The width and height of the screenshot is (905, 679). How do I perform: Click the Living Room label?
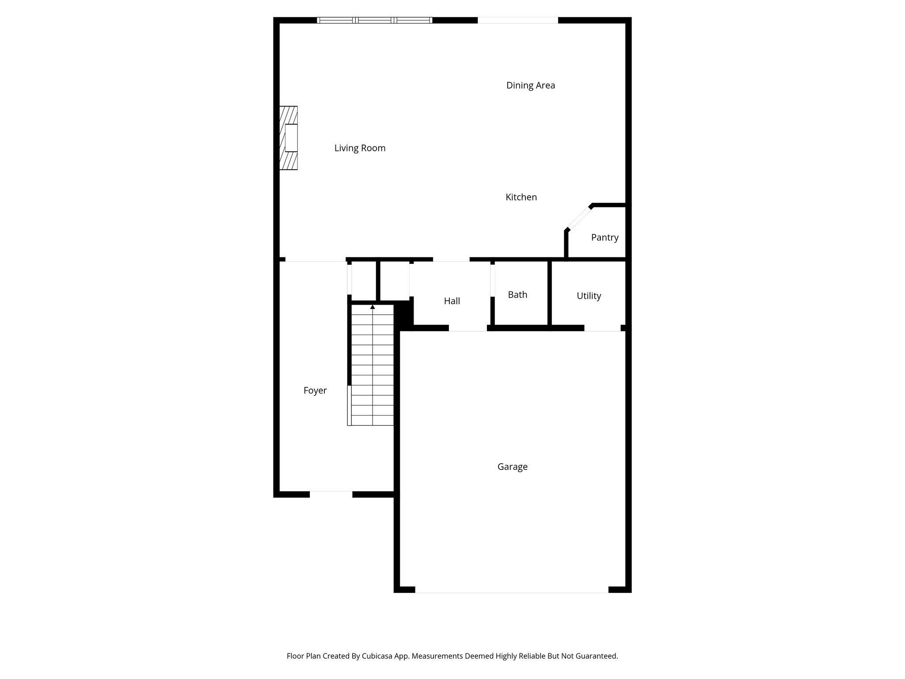pos(360,148)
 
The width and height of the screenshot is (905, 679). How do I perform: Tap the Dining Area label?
pos(530,85)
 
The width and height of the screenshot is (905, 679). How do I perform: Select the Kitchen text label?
pos(521,197)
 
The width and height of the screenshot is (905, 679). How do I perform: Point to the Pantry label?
pos(605,237)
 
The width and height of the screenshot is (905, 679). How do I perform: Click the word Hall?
pos(452,301)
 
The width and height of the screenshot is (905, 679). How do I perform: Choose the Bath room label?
pos(517,295)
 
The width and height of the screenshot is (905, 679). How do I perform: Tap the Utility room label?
pos(589,296)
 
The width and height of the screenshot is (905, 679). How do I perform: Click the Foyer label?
pos(315,390)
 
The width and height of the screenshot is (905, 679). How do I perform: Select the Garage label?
pos(512,467)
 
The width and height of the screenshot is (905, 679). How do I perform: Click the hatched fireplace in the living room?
pos(289,138)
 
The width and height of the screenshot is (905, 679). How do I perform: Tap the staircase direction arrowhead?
pos(373,307)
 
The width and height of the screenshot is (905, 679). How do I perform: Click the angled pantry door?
pos(579,218)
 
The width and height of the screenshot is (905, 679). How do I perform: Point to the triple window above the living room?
pos(374,20)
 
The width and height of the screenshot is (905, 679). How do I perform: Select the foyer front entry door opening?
pos(331,494)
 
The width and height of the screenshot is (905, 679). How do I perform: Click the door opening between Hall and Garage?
pos(468,328)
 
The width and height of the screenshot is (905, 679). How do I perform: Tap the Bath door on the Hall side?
pos(492,280)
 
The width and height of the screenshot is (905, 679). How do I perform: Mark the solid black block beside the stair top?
pos(403,314)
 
